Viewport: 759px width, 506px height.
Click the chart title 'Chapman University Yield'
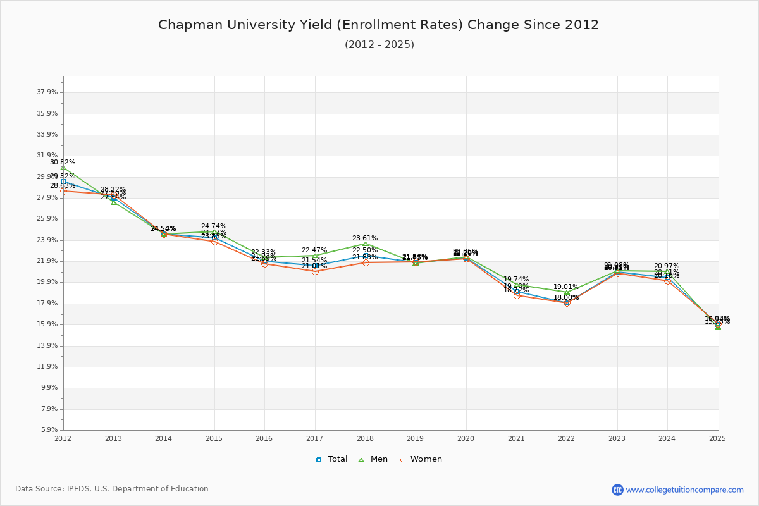click(378, 25)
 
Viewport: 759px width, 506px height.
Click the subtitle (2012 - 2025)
click(379, 44)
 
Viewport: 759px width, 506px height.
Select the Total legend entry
click(332, 459)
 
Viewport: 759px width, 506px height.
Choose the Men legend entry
click(373, 459)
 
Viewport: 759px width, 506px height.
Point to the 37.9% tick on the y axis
click(47, 92)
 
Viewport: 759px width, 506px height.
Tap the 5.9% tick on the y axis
click(49, 430)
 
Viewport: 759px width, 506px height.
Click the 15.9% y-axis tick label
click(47, 324)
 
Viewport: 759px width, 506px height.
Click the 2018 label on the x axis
click(365, 438)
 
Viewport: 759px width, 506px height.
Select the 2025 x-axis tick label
click(717, 438)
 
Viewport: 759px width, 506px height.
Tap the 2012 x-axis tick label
click(63, 438)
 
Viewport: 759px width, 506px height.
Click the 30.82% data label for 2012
click(63, 163)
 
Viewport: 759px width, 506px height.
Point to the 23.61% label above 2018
click(365, 238)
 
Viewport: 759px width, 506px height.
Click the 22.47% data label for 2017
click(314, 250)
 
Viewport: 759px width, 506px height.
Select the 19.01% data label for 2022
click(566, 287)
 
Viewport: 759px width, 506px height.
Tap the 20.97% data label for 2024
click(667, 266)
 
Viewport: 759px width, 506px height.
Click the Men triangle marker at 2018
click(366, 244)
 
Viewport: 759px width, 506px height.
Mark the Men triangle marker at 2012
click(63, 168)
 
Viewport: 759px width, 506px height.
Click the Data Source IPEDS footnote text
click(112, 489)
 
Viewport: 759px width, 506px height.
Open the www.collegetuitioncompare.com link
click(684, 490)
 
